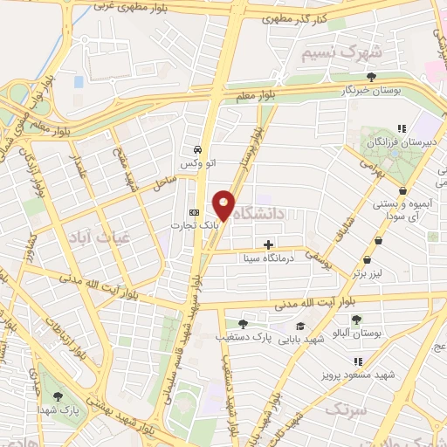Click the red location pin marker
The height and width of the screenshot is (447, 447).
tap(224, 205)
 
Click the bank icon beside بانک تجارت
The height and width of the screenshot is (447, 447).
tap(194, 213)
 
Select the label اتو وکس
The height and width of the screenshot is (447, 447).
tap(196, 163)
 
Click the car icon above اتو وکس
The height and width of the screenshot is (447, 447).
tap(199, 149)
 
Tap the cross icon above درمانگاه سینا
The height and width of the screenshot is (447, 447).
tap(268, 244)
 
